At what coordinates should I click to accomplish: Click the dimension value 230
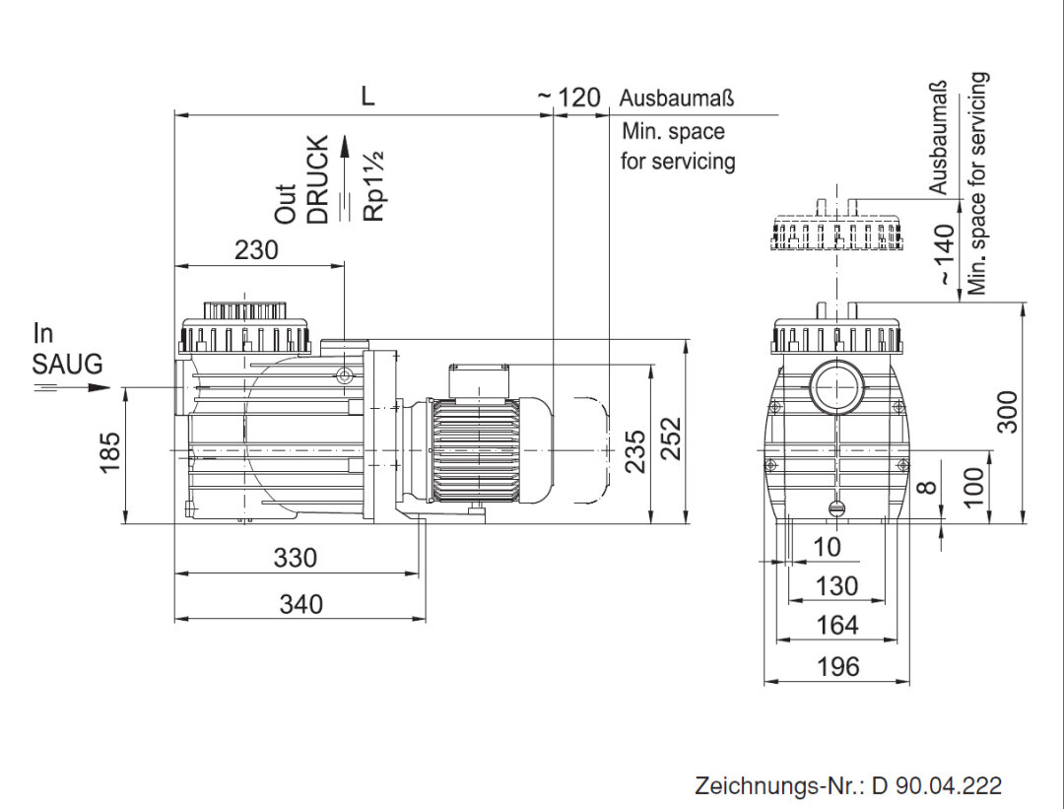tap(256, 250)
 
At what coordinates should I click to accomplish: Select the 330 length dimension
tap(296, 558)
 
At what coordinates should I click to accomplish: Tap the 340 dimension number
tap(300, 604)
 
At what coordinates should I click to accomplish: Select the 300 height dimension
tap(1007, 411)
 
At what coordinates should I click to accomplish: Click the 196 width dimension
tap(837, 666)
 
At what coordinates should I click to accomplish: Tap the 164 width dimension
tap(837, 625)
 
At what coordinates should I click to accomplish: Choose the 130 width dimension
tap(837, 586)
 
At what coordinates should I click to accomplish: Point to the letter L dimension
tap(367, 96)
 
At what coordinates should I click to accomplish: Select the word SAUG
tap(67, 364)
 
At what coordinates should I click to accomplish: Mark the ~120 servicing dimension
tap(571, 98)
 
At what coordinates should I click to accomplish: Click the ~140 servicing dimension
tap(945, 255)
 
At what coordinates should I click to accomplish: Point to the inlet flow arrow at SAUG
tap(75, 387)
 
